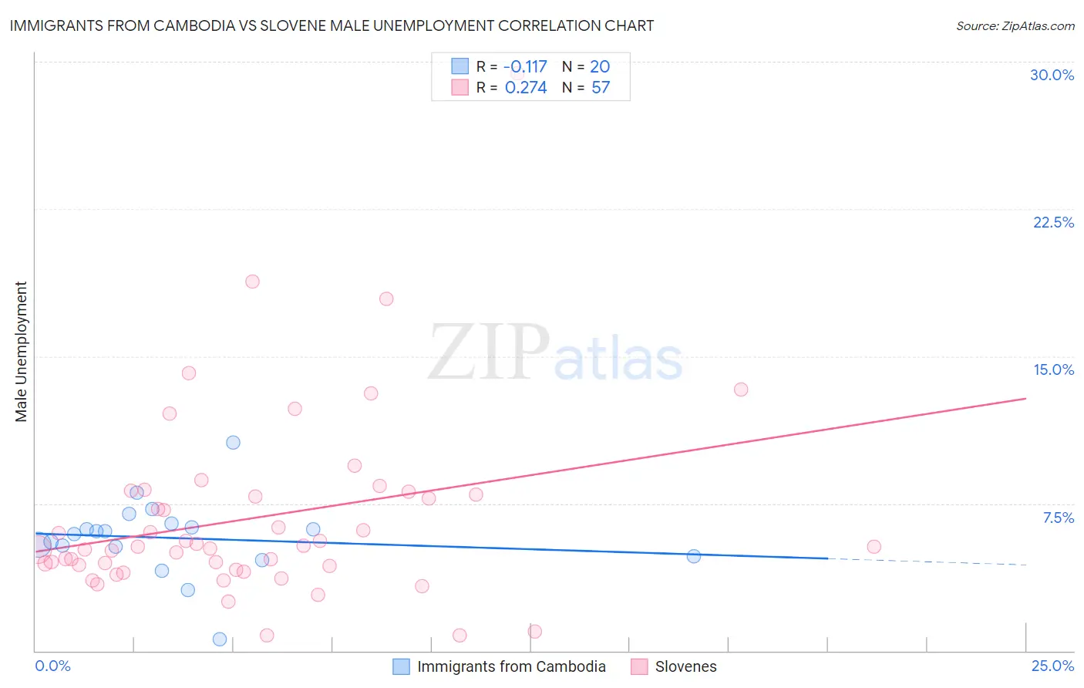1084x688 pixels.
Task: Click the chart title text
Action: click(x=332, y=25)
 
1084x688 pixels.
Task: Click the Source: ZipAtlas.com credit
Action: click(x=1015, y=25)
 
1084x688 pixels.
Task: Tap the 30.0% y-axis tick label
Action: click(x=1052, y=75)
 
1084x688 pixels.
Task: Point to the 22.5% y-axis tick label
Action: click(x=1053, y=222)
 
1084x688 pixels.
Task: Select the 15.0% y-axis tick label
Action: click(x=1053, y=369)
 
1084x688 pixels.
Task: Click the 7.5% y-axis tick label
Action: click(x=1058, y=518)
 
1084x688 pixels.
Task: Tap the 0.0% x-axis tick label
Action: click(x=52, y=666)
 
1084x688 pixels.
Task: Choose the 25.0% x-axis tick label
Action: click(x=1052, y=666)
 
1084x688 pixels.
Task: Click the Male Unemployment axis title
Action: click(x=21, y=352)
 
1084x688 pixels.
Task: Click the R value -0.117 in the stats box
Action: click(x=525, y=67)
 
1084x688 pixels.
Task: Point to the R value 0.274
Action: click(x=526, y=88)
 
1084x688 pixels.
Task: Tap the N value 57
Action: click(x=601, y=88)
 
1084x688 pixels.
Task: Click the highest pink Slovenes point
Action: click(x=252, y=282)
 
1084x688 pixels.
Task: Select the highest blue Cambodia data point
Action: click(x=233, y=443)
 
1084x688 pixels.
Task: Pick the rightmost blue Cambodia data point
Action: click(x=694, y=556)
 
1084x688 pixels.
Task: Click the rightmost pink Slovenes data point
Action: click(x=874, y=547)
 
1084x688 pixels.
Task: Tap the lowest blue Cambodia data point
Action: click(x=220, y=639)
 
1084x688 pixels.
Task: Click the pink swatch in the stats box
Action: click(x=460, y=87)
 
